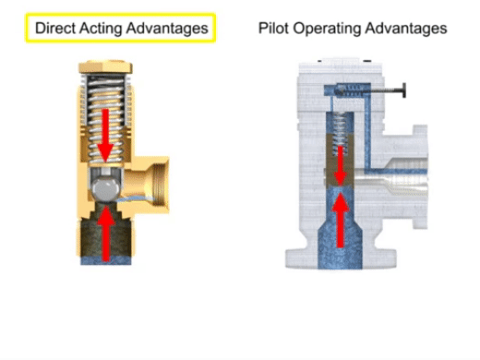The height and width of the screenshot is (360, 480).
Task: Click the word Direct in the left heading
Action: click(x=55, y=28)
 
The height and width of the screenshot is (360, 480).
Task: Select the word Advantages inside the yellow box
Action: click(x=167, y=29)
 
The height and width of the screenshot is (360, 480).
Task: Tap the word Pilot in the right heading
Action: click(x=273, y=28)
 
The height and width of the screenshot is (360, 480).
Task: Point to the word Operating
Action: click(x=327, y=29)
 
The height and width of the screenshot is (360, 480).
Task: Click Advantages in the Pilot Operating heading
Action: click(x=406, y=29)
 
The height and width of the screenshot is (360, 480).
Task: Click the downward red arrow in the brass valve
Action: click(x=105, y=135)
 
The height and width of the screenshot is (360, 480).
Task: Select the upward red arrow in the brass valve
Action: click(x=106, y=234)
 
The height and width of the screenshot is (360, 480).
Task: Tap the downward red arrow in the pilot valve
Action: click(x=340, y=165)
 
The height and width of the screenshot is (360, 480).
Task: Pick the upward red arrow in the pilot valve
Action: click(x=340, y=220)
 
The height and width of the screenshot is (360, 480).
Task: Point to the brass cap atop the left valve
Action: click(x=105, y=67)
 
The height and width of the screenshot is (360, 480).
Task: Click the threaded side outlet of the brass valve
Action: click(x=155, y=185)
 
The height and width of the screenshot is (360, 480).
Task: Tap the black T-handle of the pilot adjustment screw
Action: click(x=403, y=90)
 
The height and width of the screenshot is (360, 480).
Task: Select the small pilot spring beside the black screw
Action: click(x=350, y=90)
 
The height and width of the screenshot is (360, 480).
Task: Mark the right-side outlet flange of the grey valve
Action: click(x=420, y=176)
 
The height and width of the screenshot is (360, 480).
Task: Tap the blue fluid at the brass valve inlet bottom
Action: click(x=106, y=260)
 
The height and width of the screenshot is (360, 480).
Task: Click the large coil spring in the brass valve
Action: click(x=106, y=118)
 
